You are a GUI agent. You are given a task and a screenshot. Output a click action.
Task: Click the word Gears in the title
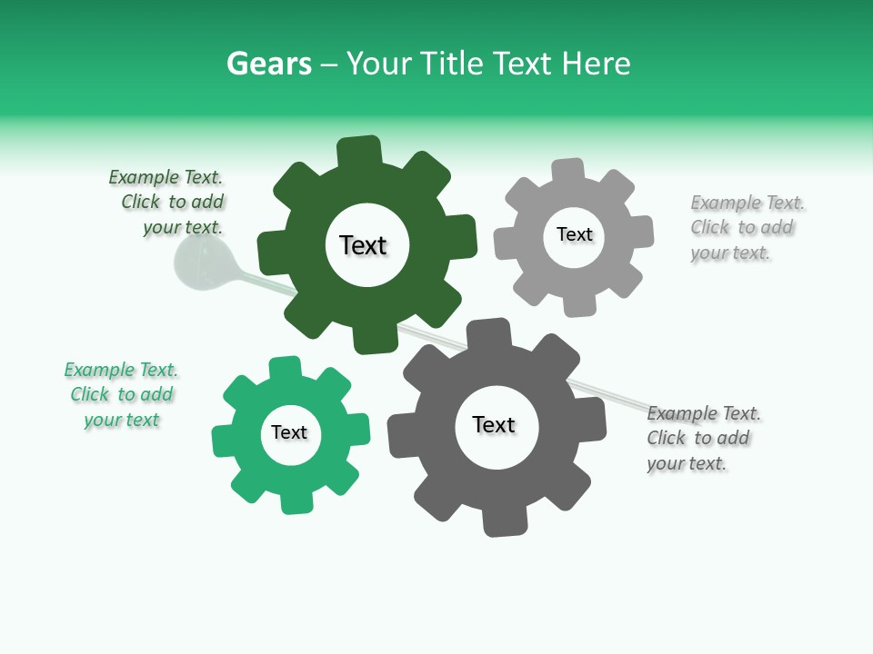click(269, 64)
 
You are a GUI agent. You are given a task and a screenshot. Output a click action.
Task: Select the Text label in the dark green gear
click(363, 245)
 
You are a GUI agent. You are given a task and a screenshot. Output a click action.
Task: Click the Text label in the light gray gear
click(574, 234)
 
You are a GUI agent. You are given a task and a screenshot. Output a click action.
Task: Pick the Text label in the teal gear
click(289, 432)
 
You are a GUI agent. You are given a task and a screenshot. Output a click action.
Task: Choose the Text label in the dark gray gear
click(494, 424)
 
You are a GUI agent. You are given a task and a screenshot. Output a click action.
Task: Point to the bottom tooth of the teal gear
click(295, 500)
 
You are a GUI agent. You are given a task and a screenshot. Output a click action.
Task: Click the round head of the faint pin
click(198, 264)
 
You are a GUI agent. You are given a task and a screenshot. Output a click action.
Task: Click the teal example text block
click(122, 394)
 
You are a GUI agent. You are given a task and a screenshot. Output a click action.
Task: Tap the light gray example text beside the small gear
click(746, 227)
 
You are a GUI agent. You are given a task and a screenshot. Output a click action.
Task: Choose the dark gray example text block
click(703, 438)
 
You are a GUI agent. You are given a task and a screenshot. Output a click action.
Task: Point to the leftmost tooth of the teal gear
click(224, 441)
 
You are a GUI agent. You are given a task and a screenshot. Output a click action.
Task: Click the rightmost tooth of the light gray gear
click(640, 231)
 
